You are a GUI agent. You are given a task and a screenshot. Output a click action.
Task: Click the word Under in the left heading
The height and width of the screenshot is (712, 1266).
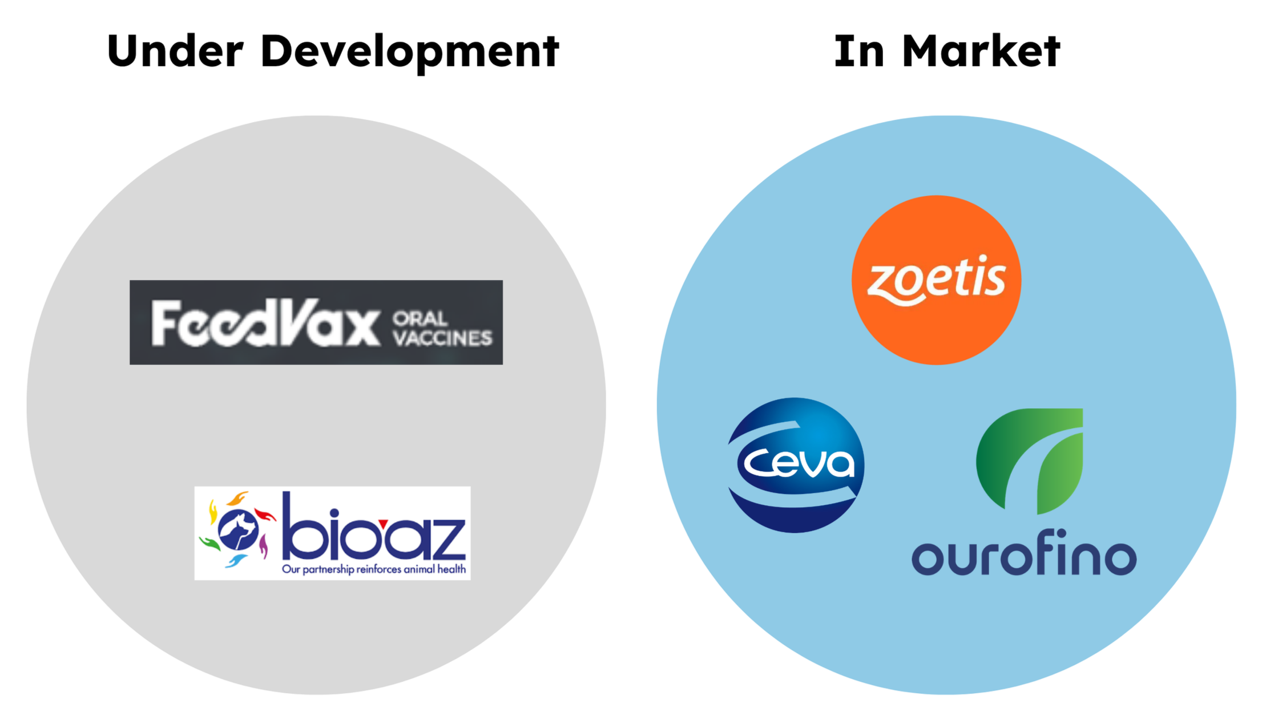point(175,51)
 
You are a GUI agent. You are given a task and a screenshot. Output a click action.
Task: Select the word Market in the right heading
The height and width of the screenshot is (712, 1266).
point(981,51)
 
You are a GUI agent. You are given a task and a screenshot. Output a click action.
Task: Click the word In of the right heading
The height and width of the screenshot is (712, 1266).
point(859,51)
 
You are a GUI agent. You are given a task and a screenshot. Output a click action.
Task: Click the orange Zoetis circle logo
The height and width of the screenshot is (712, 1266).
point(936,280)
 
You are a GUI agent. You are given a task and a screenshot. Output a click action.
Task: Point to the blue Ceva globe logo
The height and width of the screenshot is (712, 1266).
point(796,465)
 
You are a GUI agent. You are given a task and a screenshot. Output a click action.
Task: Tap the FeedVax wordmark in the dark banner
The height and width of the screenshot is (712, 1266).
point(265,323)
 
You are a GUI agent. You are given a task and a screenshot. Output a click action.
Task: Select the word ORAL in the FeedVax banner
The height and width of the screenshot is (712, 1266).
point(420,318)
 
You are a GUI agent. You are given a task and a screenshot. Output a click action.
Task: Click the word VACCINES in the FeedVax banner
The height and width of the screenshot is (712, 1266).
point(442,338)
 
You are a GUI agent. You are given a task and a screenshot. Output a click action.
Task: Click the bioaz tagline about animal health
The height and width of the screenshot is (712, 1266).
point(374,569)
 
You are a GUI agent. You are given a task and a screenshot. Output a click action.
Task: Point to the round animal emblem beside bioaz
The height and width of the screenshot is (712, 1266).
point(237,529)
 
